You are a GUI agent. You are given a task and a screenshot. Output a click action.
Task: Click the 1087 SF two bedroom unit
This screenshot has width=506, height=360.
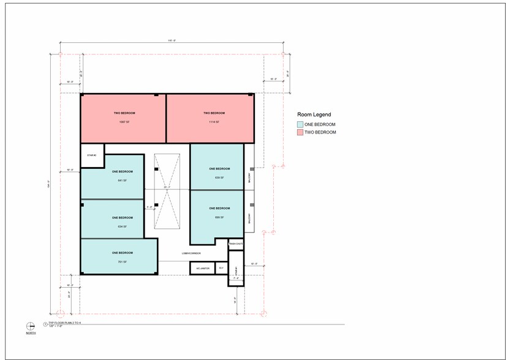(123, 118)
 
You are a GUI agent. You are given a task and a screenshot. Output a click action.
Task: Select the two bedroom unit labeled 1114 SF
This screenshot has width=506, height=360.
(210, 118)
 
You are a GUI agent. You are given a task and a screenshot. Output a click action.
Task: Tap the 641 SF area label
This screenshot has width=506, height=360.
(123, 180)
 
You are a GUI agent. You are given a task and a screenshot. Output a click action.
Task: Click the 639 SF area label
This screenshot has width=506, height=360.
(219, 178)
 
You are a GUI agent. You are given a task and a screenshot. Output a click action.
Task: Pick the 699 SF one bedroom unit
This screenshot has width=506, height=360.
(219, 217)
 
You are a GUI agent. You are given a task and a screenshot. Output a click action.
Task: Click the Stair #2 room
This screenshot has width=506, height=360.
(92, 156)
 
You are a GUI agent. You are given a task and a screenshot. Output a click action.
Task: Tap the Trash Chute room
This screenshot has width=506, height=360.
(236, 244)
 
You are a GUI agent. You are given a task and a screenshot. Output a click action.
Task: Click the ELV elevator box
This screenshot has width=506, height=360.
(221, 268)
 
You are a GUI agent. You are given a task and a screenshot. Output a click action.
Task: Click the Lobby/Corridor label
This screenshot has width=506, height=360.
(192, 253)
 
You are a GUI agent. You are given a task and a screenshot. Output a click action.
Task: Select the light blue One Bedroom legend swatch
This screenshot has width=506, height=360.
(300, 124)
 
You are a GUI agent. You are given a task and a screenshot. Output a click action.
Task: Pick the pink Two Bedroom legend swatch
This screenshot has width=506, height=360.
(300, 132)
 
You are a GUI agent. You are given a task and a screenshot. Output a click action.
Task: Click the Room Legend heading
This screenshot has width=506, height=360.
(314, 114)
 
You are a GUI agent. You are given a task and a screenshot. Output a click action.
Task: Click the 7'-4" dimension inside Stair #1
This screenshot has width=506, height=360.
(236, 278)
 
